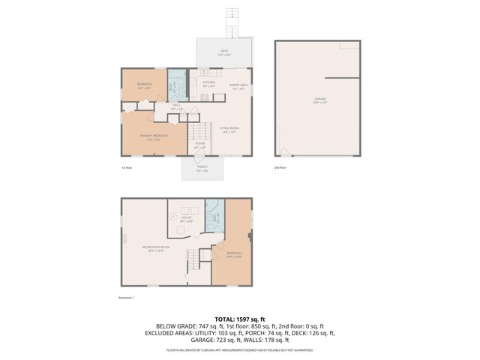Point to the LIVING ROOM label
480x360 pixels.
(229, 130)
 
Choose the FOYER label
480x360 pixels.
(199, 145)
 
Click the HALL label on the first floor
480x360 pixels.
(177, 106)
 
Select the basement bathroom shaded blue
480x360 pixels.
(214, 217)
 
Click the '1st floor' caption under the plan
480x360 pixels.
(127, 168)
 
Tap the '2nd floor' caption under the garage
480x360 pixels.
(280, 168)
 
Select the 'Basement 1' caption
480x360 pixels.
(126, 298)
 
